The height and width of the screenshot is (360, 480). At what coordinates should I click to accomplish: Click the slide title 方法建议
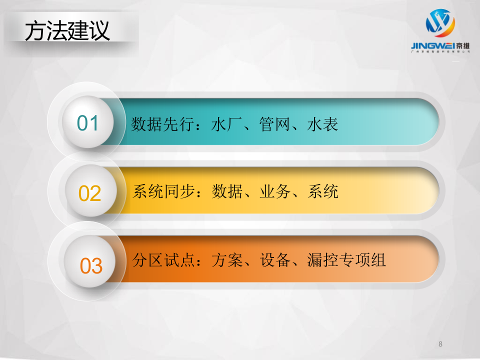68,31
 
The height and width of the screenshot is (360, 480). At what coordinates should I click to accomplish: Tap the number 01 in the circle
88,123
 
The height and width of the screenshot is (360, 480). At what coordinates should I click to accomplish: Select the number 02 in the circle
90,193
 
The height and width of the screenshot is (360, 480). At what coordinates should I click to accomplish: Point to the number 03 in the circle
91,266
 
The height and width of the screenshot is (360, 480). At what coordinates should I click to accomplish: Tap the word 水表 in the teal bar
322,124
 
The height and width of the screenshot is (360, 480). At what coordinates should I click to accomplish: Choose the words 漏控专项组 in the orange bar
346,260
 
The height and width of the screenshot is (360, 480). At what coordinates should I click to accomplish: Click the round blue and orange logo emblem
440,23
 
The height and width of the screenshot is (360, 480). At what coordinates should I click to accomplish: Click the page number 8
440,344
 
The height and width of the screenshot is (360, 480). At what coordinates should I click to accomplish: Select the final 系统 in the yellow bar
323,191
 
